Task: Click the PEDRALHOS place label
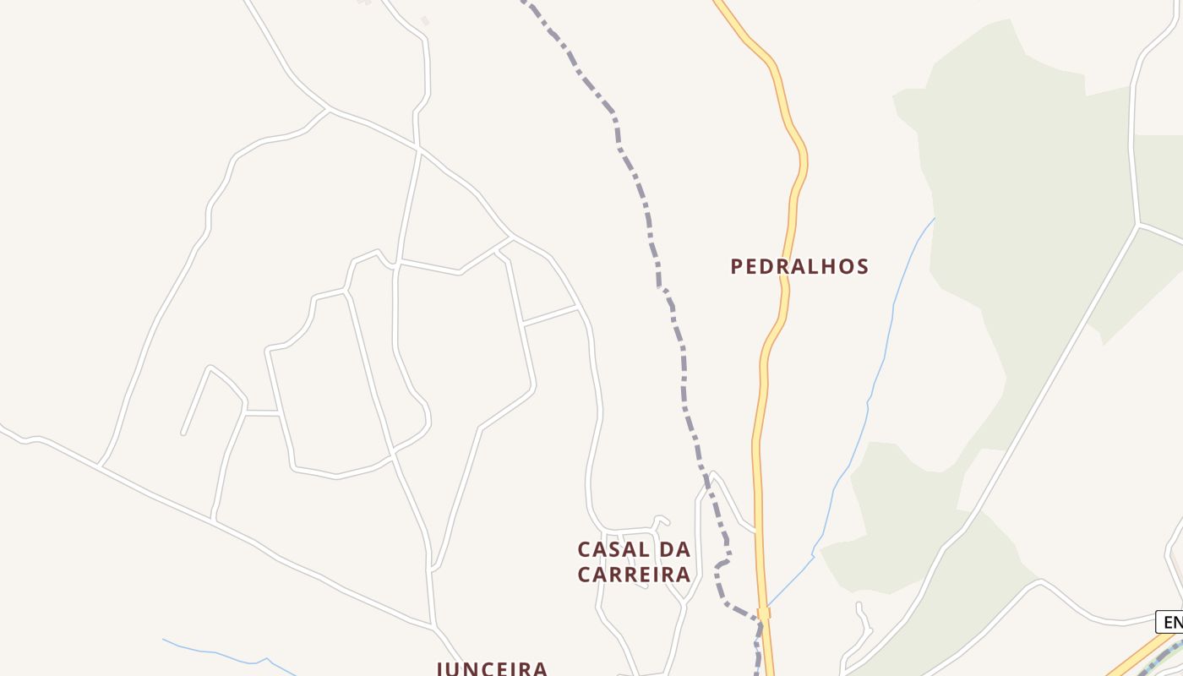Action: click(x=799, y=267)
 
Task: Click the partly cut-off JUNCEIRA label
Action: click(x=492, y=668)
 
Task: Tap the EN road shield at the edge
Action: click(x=1170, y=623)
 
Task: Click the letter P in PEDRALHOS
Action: click(x=737, y=267)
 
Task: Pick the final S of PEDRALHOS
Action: click(x=863, y=267)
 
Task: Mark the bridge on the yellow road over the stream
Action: click(x=764, y=613)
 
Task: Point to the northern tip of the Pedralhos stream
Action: click(x=935, y=218)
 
